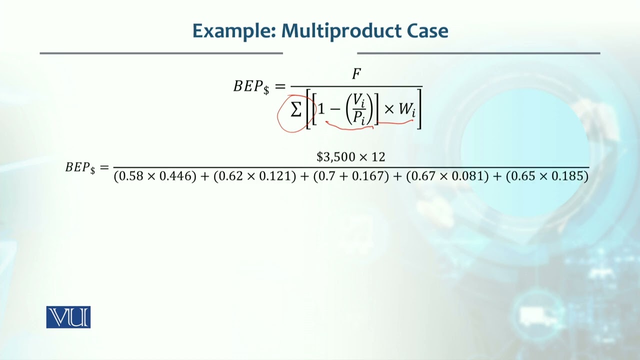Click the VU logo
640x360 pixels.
(x=68, y=317)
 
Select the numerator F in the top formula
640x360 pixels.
(x=356, y=74)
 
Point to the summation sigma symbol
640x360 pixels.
(x=296, y=109)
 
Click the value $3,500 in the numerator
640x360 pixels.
(x=336, y=157)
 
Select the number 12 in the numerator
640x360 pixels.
(x=378, y=157)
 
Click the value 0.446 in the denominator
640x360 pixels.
(x=177, y=176)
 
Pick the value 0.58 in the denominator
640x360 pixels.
(x=129, y=176)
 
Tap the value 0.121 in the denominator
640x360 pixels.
(x=276, y=176)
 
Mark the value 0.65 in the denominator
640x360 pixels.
(x=521, y=176)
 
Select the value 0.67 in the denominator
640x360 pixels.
(x=422, y=176)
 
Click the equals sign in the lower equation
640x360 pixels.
(x=104, y=167)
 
